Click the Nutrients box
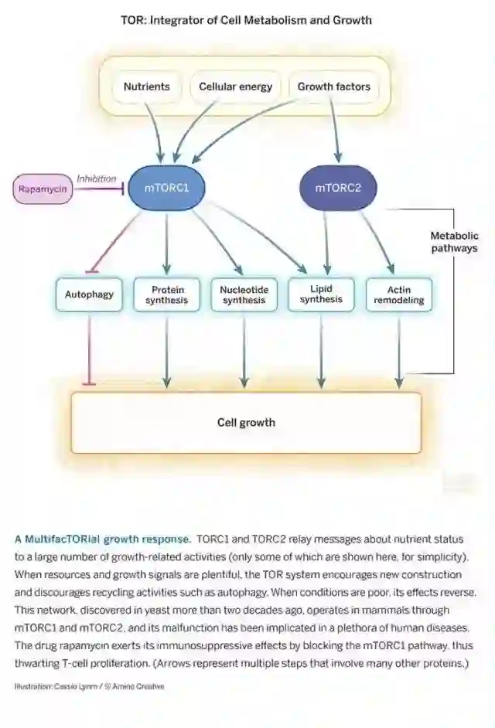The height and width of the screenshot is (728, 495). click(x=147, y=87)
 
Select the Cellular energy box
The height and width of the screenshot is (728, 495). click(x=235, y=87)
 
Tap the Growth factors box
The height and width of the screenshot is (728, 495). click(x=334, y=87)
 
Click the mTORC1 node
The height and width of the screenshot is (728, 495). click(x=166, y=188)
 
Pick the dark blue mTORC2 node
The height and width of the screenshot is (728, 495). click(x=338, y=188)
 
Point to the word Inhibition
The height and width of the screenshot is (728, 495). click(x=96, y=179)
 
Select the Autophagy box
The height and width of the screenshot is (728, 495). click(x=89, y=294)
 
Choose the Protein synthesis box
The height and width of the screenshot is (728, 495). click(x=166, y=294)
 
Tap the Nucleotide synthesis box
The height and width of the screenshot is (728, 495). click(x=244, y=294)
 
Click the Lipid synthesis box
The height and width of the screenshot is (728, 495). click(x=321, y=294)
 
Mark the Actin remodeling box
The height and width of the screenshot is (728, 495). click(x=398, y=294)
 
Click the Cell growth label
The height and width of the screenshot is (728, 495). click(x=246, y=422)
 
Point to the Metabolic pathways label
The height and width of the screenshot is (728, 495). click(x=453, y=242)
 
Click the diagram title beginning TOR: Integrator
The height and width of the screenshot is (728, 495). click(x=246, y=20)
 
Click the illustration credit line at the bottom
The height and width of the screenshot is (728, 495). click(x=89, y=685)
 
